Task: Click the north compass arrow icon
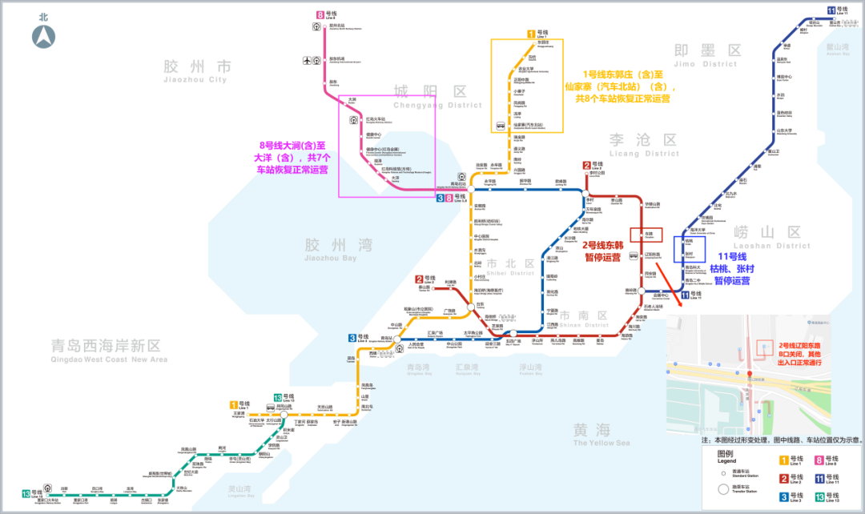pos(43,37)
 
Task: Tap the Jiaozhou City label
pos(196,73)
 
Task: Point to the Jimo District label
pos(706,57)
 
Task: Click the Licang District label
pos(644,146)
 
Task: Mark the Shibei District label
pos(509,267)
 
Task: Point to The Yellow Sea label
pos(601,436)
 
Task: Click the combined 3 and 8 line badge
pos(445,197)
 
